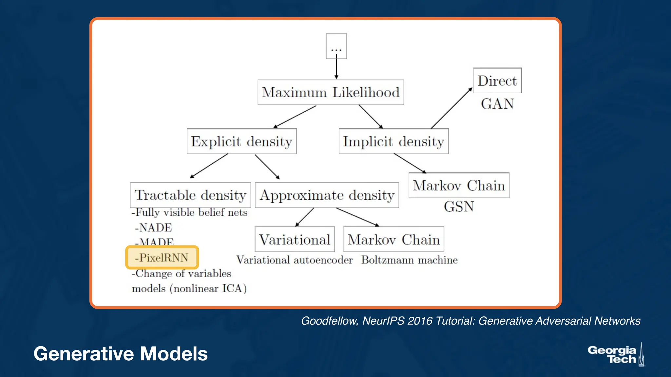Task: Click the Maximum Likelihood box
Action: pos(331,92)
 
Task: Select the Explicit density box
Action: pos(241,141)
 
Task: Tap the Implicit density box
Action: pos(393,141)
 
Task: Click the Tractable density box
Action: pos(190,195)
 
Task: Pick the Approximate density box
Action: pos(327,195)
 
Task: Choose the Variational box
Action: pos(295,240)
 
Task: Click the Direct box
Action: pos(497,81)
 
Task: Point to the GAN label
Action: pos(497,104)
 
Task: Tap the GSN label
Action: pos(459,207)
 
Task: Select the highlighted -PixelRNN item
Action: pos(162,258)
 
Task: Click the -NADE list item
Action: pos(153,228)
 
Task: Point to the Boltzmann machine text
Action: pos(409,260)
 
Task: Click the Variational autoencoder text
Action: pos(294,260)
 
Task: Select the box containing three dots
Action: pos(336,46)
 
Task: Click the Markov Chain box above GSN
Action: pos(459,186)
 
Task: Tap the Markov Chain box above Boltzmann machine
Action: pos(393,240)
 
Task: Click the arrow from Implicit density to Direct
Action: pos(451,108)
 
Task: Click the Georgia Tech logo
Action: pos(616,355)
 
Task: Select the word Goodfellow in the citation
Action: pos(329,321)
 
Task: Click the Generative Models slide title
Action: pos(121,354)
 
